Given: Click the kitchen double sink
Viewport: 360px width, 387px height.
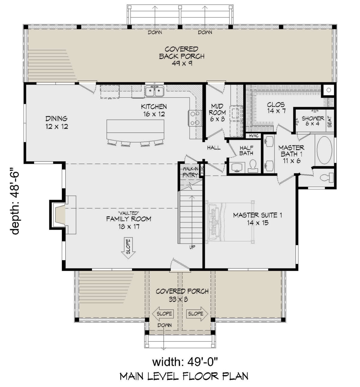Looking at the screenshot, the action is tap(155, 91).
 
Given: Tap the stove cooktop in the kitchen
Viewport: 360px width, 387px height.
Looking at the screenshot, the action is tap(194, 118).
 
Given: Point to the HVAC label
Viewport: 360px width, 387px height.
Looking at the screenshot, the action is tap(253, 136).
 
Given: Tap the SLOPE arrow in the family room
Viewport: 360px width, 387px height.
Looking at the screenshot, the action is tap(128, 248).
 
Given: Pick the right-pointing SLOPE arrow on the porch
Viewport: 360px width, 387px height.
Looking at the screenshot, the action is tap(197, 314).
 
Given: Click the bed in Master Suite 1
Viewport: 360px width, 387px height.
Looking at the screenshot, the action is tap(230, 222).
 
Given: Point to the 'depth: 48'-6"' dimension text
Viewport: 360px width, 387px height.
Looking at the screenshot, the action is tap(15, 201).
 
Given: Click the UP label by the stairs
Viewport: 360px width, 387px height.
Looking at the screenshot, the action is tap(192, 247).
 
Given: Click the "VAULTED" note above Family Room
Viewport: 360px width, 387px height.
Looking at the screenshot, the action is tap(129, 213).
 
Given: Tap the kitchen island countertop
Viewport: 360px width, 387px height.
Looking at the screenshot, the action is tap(135, 130).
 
